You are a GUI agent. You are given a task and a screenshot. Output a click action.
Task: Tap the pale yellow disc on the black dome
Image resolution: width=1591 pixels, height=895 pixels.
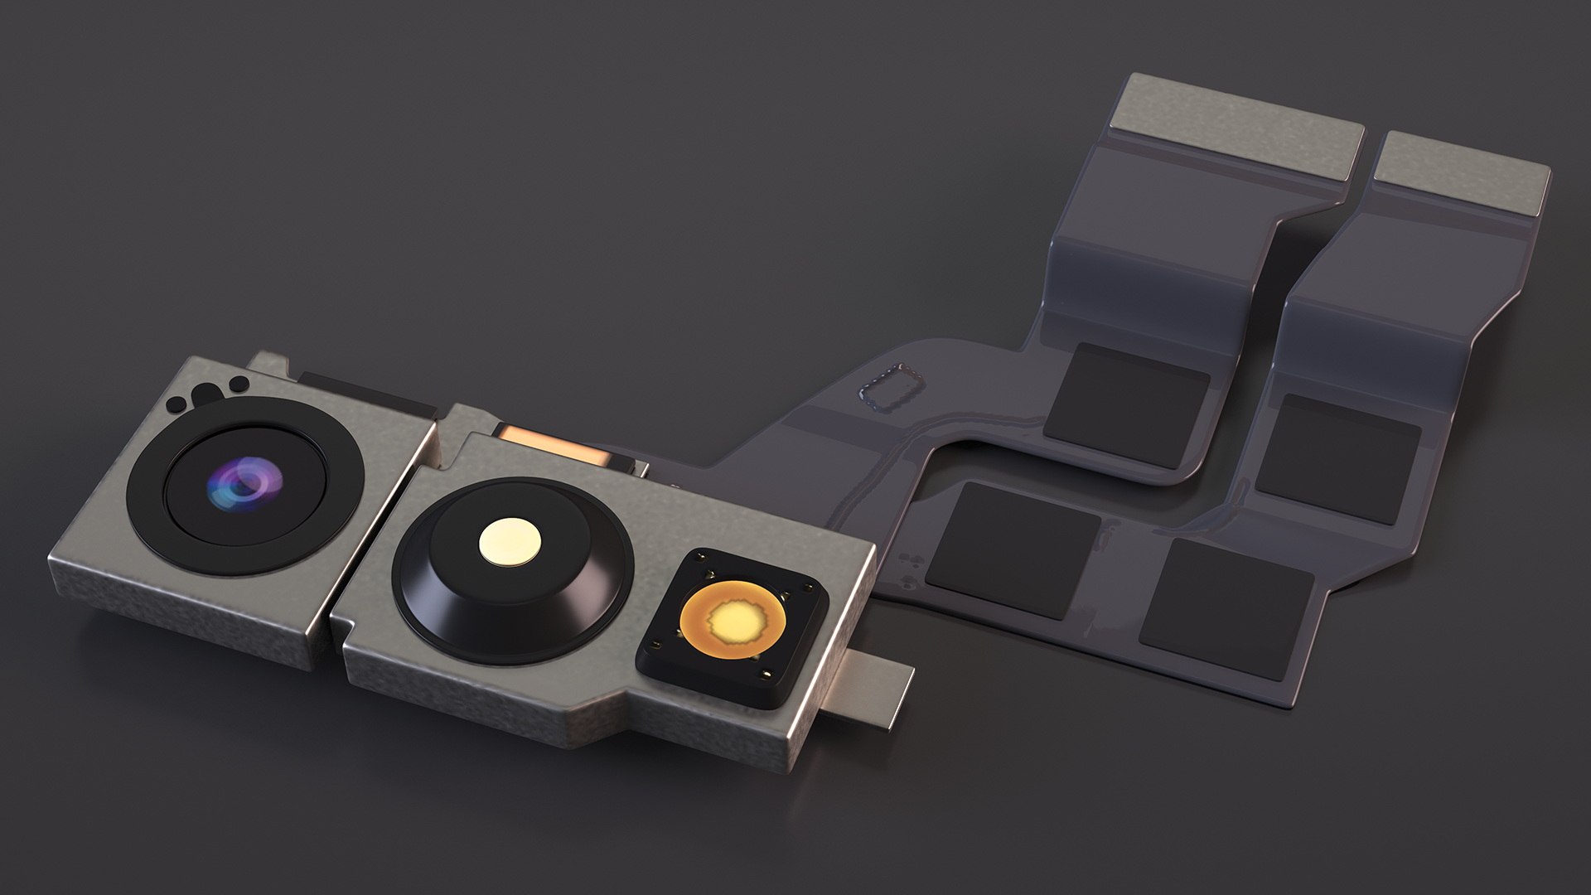pyautogui.click(x=510, y=543)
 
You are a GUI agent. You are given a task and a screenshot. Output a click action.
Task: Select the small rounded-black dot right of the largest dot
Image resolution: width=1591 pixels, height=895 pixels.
pyautogui.click(x=239, y=384)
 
